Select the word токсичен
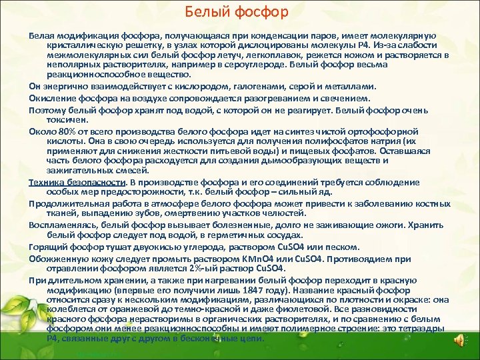(x=67, y=121)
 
